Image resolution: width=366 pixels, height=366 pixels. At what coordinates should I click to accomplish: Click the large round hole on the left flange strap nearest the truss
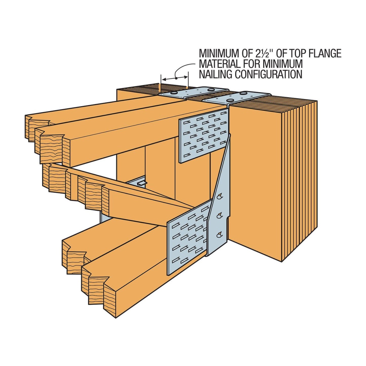click(174, 93)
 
